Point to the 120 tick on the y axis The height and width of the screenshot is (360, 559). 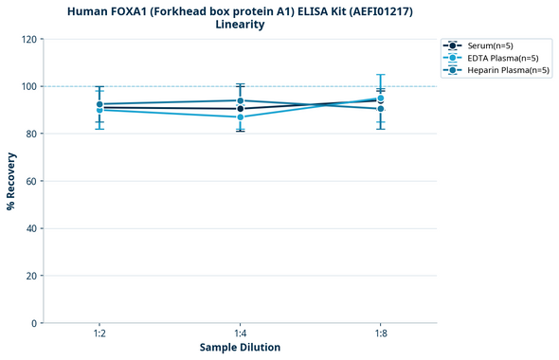click(30, 39)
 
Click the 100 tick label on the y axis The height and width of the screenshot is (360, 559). click(30, 86)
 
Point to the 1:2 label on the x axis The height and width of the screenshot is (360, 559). click(99, 334)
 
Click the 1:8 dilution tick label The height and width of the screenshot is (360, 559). click(381, 334)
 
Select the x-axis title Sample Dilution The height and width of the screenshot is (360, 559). click(240, 348)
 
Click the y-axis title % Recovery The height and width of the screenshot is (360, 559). click(11, 181)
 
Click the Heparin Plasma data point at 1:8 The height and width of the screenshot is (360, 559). click(381, 109)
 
